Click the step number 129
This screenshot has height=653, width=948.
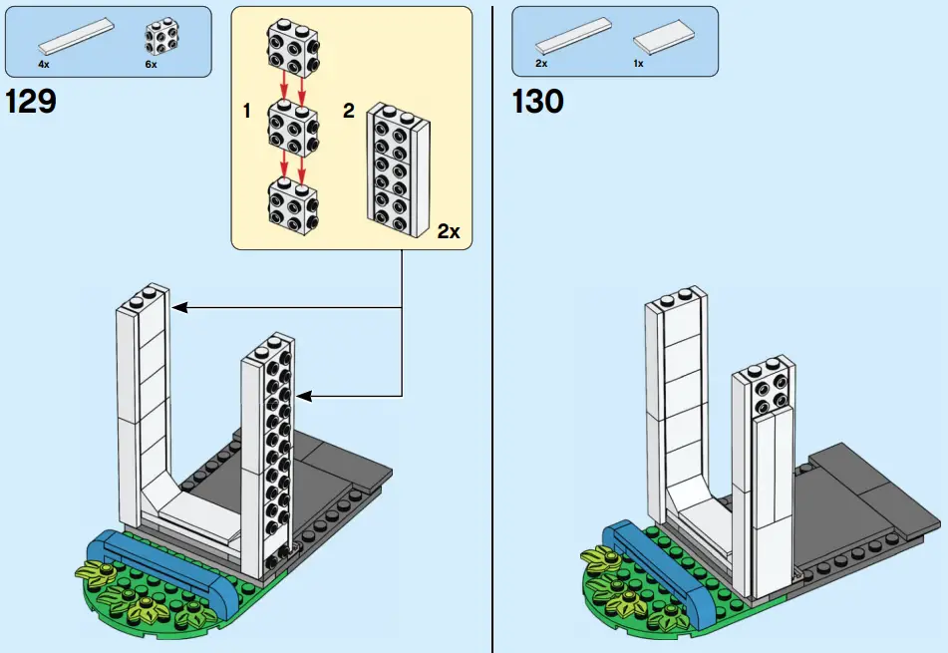click(31, 102)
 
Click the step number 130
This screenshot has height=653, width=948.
click(538, 102)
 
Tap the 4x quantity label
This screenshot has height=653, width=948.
click(44, 64)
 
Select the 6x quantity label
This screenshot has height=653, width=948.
click(151, 64)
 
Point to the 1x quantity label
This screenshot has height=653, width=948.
click(638, 64)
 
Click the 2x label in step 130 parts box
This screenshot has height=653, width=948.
click(541, 64)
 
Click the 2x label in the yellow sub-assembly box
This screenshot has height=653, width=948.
click(449, 231)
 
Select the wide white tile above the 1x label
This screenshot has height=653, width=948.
click(662, 39)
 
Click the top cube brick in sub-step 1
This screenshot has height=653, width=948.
click(291, 47)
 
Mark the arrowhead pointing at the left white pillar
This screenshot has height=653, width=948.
click(178, 308)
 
